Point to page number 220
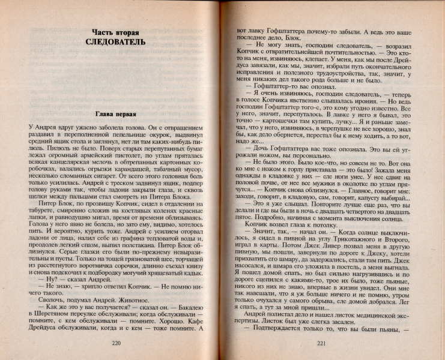tap(117, 342)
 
